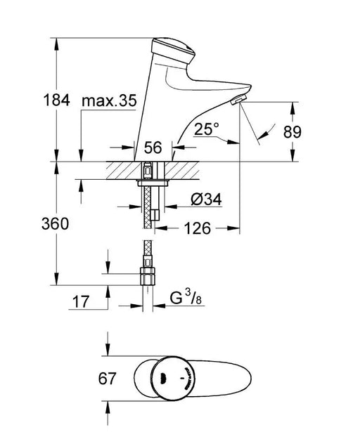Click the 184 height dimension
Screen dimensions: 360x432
(x=56, y=100)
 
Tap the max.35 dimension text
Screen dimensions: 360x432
(x=109, y=100)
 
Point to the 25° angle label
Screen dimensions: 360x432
(x=206, y=129)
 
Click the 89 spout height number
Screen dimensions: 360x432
(x=292, y=132)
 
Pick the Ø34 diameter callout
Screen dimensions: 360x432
(x=206, y=199)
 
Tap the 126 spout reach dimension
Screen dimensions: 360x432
(x=198, y=228)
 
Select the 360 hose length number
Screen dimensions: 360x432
(x=55, y=223)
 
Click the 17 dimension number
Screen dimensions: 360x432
(x=81, y=302)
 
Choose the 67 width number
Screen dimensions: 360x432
(x=107, y=379)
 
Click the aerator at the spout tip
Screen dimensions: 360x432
(x=238, y=99)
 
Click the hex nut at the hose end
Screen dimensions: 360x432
(x=148, y=276)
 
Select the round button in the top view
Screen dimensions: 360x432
(x=174, y=378)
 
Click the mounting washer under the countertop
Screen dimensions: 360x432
(x=153, y=183)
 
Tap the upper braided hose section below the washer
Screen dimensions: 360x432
(x=148, y=207)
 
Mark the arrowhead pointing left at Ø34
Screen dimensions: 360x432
(x=170, y=207)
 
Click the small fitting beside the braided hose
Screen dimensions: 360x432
(x=155, y=215)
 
